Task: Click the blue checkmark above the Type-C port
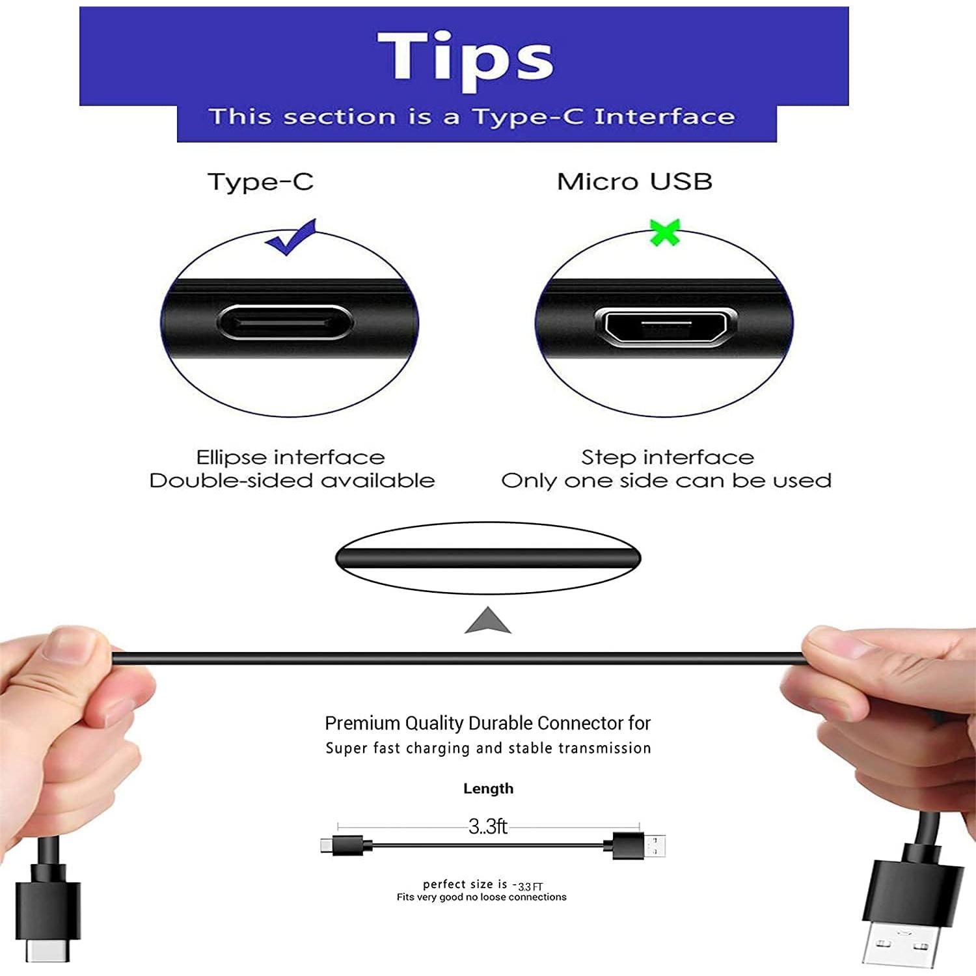(x=290, y=237)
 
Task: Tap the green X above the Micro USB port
(x=664, y=232)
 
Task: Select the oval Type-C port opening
(x=286, y=323)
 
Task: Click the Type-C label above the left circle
(x=260, y=182)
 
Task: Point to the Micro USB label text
(x=634, y=182)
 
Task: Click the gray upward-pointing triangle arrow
(x=487, y=622)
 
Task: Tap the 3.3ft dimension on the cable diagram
(x=487, y=826)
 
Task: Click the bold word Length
(x=488, y=789)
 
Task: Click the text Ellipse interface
(x=290, y=457)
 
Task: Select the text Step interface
(x=667, y=457)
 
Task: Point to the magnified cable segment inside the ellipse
(x=488, y=558)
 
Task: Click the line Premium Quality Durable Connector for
(x=487, y=724)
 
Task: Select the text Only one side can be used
(x=666, y=481)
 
